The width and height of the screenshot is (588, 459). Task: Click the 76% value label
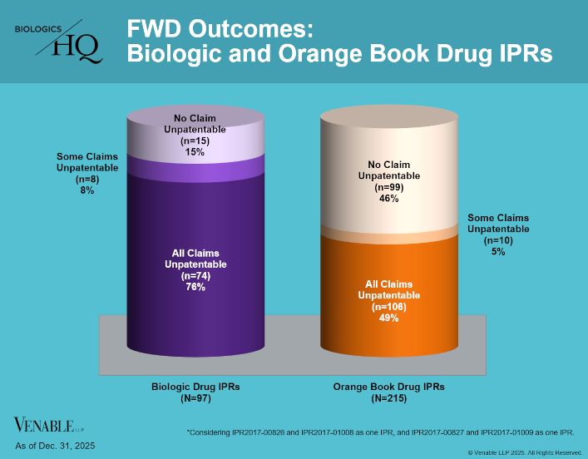(x=195, y=288)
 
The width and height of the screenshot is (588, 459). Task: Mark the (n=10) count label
(x=498, y=240)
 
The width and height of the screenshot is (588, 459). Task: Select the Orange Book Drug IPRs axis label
(x=388, y=387)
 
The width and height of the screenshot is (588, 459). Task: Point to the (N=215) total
(x=388, y=399)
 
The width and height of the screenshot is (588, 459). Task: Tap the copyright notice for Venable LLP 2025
(x=524, y=452)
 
